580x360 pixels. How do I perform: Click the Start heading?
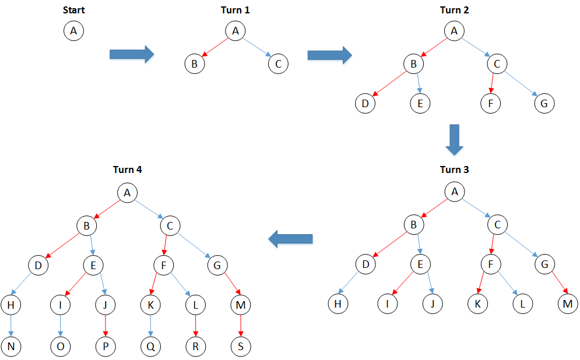click(73, 10)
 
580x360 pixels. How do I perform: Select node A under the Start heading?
click(73, 31)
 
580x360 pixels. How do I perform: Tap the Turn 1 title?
click(235, 10)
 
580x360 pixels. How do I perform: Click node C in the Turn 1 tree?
click(278, 63)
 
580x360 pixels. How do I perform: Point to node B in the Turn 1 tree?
click(194, 63)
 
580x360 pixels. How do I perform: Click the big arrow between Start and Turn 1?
click(131, 54)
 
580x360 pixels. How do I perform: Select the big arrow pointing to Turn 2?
click(329, 55)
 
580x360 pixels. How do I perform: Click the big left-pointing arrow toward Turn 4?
click(290, 238)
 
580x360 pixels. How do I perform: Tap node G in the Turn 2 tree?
click(544, 104)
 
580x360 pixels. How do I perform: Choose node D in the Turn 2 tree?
click(365, 104)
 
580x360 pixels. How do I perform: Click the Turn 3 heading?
click(454, 170)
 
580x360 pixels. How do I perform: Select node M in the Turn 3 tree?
click(568, 303)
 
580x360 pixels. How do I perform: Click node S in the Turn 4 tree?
click(241, 346)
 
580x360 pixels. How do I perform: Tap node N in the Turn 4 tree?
click(11, 346)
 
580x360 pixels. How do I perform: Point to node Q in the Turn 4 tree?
click(151, 346)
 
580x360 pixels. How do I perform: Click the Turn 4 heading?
click(127, 170)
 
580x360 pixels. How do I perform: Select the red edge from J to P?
click(106, 324)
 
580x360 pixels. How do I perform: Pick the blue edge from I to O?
click(60, 324)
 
